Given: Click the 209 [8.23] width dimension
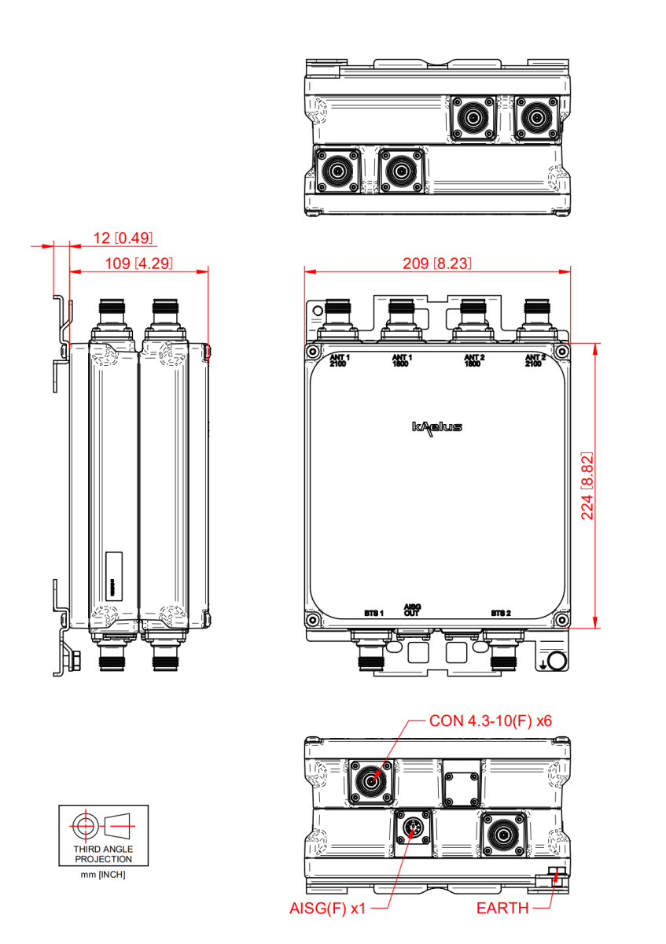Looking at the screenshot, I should pos(436,263).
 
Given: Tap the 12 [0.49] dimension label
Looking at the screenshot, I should pos(122,238).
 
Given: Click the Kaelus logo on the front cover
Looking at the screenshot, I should pos(437,427).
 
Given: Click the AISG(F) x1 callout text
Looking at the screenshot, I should pos(327,909).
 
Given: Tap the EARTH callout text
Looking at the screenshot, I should pos(502,909).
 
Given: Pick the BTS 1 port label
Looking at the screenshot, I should pos(373,612).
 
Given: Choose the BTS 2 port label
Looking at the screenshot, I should pos(501,612).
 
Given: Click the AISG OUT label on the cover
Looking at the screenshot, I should pos(412,610).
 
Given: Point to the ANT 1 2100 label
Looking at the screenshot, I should pos(339,361).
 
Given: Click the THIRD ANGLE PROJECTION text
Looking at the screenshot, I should pos(103,854).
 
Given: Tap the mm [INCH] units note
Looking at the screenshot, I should pos(103,875).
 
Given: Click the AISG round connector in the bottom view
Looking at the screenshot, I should pos(412,828).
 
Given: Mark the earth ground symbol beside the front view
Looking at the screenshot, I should pos(544,666).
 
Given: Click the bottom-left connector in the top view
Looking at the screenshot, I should pos(337,170).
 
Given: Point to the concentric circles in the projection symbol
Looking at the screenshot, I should pos(83,825).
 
